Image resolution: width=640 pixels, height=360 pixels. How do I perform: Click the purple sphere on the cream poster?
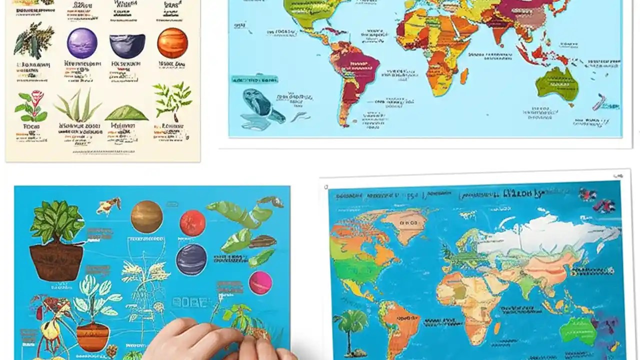click(x=82, y=43)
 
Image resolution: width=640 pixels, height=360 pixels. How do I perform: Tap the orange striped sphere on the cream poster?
click(x=172, y=43)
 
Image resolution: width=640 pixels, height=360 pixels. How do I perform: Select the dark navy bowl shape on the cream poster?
click(x=127, y=45)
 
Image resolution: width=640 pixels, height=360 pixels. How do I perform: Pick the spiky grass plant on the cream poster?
click(x=78, y=105)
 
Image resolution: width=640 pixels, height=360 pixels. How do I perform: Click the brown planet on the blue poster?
click(x=147, y=216)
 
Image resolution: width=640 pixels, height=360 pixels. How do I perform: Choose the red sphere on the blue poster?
click(x=192, y=223)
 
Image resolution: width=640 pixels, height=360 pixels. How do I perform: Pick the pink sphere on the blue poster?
click(x=260, y=283)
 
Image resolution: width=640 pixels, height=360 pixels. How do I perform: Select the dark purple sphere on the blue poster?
click(x=191, y=259)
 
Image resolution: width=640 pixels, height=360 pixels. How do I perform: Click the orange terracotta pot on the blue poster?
click(x=92, y=336)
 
